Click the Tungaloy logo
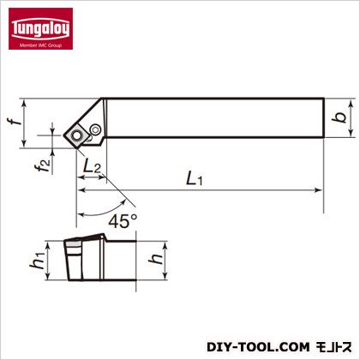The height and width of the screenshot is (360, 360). pos(40,28)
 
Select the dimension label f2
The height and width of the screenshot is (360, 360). pos(45,166)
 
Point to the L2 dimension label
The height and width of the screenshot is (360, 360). pos(92,165)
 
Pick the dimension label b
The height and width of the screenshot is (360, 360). pos(339,117)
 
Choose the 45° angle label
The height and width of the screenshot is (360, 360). pos(123,221)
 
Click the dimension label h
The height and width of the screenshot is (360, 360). pos(156,259)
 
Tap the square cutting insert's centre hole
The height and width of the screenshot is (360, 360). pos(76,135)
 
